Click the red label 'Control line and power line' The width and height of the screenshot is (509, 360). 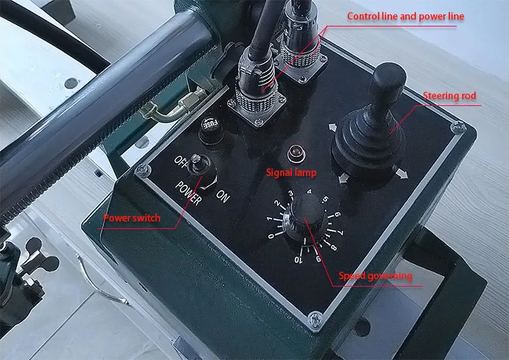click(406, 16)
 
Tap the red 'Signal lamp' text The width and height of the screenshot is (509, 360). click(291, 173)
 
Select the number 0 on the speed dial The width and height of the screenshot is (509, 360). click(271, 236)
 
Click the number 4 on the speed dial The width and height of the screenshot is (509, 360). click(309, 192)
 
